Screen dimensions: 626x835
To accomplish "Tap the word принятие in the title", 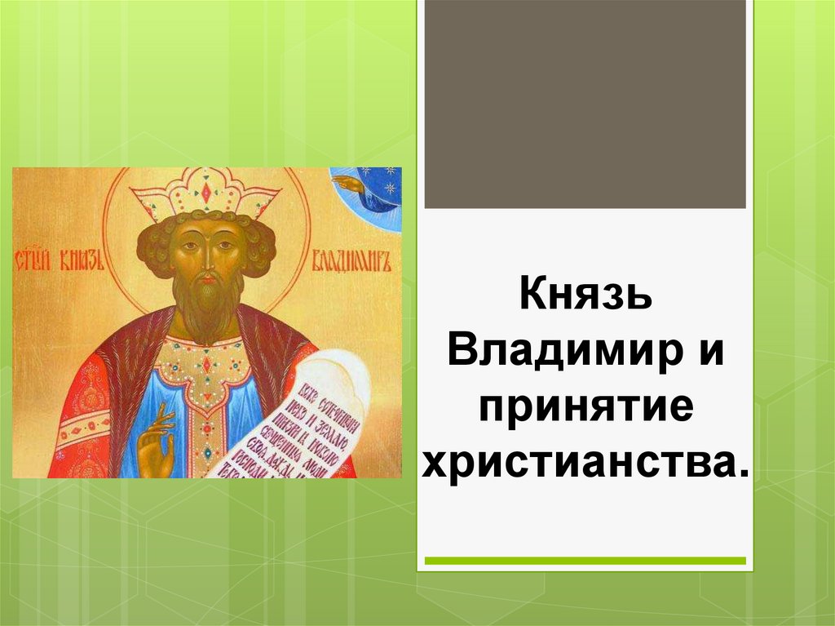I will click(x=585, y=407).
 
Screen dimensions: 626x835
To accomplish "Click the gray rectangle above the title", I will click(x=585, y=104).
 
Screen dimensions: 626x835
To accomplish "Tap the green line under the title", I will click(x=585, y=561).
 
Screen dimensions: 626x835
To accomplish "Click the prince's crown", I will click(x=205, y=193).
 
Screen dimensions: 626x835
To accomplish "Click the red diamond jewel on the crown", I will click(x=205, y=194).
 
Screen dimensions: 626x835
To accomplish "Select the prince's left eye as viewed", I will click(x=188, y=246).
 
